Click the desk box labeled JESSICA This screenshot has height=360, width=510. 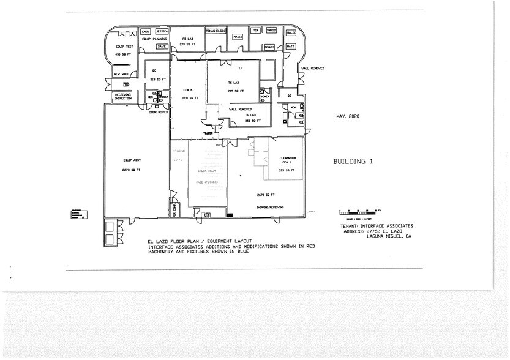coord(162,31)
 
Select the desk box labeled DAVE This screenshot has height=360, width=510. coord(162,46)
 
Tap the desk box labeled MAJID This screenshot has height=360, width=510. coord(238,37)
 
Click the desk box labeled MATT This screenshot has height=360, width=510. coord(291,46)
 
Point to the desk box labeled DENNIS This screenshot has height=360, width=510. coord(269,47)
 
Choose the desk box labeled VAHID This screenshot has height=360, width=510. coord(271,30)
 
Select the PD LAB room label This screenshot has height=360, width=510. coord(187,39)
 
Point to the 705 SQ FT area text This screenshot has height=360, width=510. coord(236,91)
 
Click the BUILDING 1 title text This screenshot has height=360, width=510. coord(353,162)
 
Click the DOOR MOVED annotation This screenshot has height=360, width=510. coord(159,112)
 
